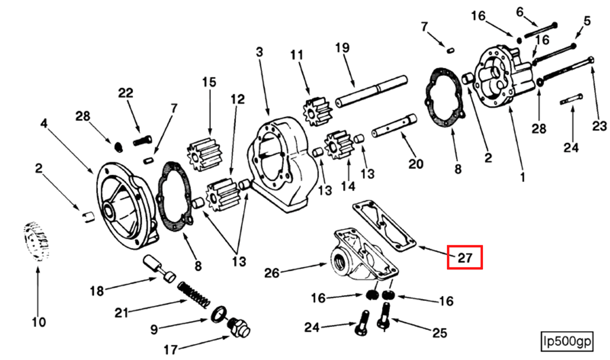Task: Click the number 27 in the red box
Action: pos(464,258)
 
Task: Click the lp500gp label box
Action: pos(567,341)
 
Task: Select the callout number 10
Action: pos(38,322)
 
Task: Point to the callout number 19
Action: pos(342,48)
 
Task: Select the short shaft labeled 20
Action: pos(394,126)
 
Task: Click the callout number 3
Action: pos(259,52)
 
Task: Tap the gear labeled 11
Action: pos(317,112)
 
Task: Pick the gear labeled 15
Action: pos(204,154)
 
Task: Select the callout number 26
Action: pos(272,272)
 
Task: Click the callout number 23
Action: pos(599,126)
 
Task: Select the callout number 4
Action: pos(44,123)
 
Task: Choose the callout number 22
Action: pos(125,93)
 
